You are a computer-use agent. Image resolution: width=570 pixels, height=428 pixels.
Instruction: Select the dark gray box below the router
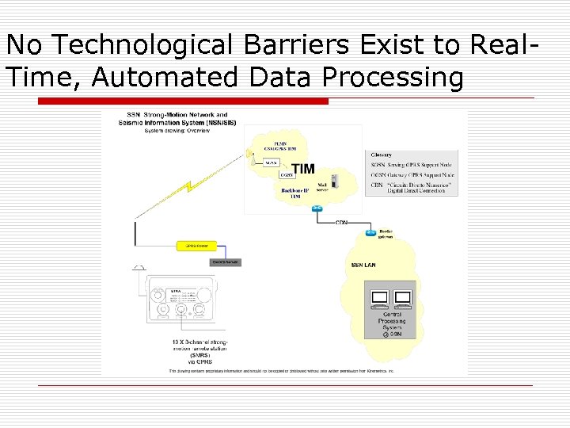[225, 262]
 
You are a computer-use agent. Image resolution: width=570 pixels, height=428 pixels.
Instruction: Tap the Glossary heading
[382, 155]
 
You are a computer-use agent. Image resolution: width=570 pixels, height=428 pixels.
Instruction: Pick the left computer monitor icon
[379, 299]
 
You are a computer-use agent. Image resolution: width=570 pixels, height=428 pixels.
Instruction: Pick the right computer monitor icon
[402, 299]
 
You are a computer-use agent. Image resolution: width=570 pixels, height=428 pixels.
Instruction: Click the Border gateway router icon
[370, 232]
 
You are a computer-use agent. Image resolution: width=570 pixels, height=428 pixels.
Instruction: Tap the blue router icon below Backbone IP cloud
[317, 208]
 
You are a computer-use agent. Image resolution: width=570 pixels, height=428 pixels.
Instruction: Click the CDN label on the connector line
[341, 223]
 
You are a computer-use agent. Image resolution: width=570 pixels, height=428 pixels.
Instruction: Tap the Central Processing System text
[391, 320]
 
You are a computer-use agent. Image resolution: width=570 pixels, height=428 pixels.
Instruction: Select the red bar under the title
[183, 101]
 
